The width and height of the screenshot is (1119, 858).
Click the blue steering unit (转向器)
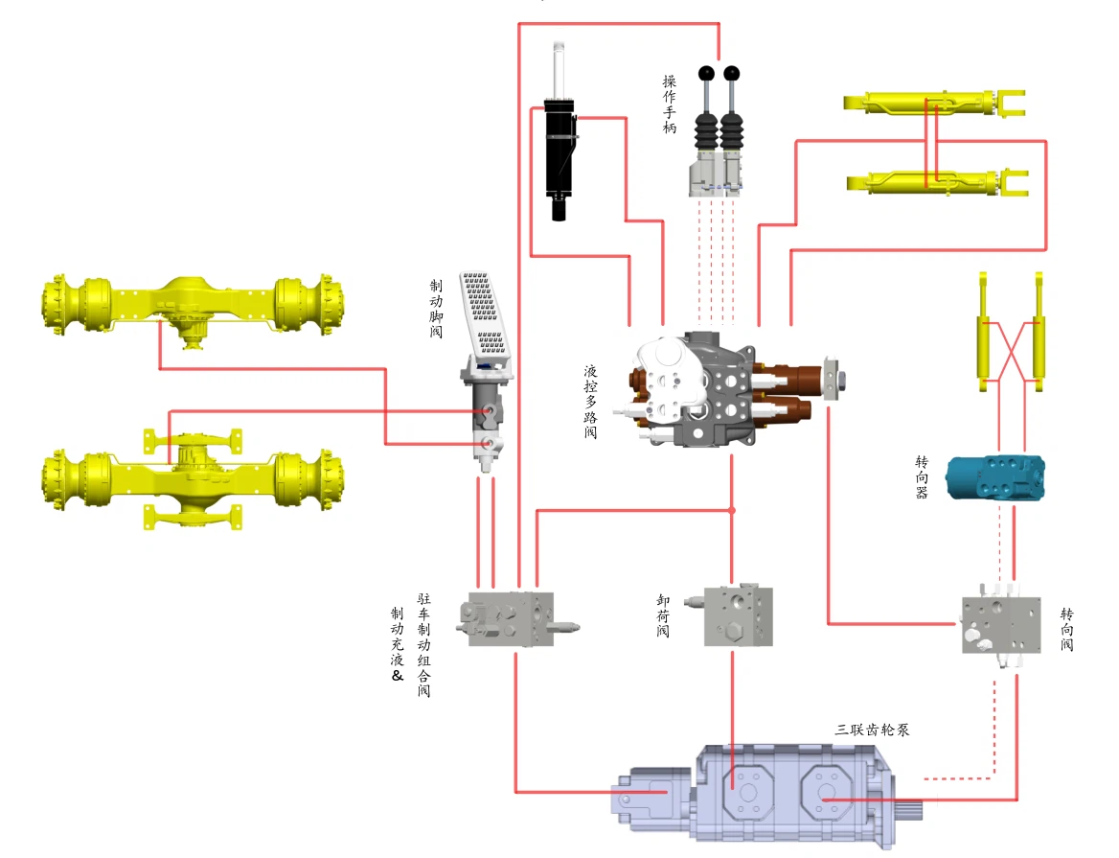[x=993, y=476]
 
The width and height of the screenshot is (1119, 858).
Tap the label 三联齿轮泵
[x=871, y=730]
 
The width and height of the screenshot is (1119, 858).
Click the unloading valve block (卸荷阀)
[x=738, y=615]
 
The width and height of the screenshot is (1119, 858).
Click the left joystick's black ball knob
[x=707, y=72]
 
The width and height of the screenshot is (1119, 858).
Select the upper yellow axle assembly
[x=193, y=307]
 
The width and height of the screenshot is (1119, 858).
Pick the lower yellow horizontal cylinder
[x=934, y=182]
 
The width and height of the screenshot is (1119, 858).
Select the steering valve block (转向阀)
[x=1000, y=623]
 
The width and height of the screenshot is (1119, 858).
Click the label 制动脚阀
[x=437, y=308]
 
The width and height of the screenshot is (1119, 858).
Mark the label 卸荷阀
[x=663, y=615]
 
